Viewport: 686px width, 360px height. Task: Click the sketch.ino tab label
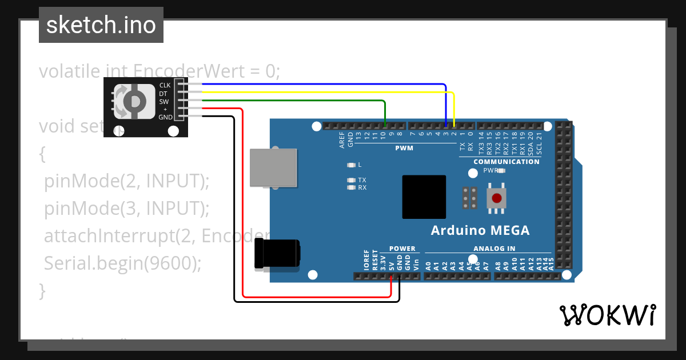click(x=101, y=25)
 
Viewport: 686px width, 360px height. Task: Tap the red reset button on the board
click(x=497, y=198)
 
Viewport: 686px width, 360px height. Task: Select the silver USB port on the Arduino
click(x=273, y=167)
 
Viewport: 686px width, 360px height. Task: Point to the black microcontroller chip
click(x=424, y=197)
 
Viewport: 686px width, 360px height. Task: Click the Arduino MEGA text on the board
click(x=480, y=231)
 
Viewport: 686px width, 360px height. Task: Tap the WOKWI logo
click(x=607, y=315)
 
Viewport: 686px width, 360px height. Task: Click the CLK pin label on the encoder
click(x=165, y=85)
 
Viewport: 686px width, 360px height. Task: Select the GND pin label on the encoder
click(x=165, y=117)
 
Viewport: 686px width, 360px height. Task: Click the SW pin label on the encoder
click(x=163, y=101)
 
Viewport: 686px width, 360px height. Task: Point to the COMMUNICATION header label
click(x=506, y=162)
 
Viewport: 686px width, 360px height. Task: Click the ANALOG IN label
click(x=494, y=249)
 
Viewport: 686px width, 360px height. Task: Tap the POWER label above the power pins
click(x=402, y=249)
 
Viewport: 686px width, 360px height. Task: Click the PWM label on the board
click(x=404, y=148)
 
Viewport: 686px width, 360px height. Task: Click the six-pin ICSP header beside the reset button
click(x=470, y=198)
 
